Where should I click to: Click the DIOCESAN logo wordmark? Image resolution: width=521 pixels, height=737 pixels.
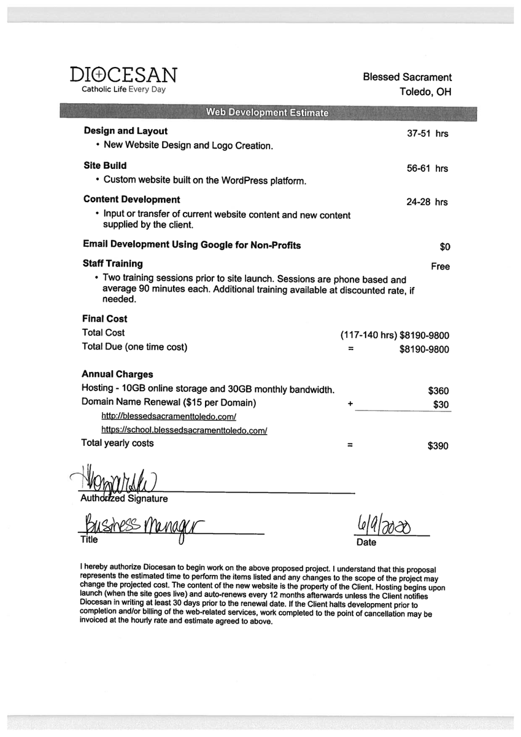click(123, 75)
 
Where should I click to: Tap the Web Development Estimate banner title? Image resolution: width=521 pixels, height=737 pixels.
click(266, 112)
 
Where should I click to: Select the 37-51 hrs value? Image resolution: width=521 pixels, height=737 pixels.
click(427, 134)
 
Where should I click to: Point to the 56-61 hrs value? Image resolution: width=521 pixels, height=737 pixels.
click(427, 168)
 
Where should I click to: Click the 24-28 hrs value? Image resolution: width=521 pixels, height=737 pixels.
click(427, 202)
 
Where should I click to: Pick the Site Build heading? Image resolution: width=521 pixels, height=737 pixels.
click(105, 166)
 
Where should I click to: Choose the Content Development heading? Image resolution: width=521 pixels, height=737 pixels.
click(131, 200)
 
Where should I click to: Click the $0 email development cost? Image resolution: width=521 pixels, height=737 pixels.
click(445, 247)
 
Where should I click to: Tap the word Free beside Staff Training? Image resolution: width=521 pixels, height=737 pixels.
click(440, 267)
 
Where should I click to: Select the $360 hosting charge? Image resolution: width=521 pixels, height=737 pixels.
click(438, 391)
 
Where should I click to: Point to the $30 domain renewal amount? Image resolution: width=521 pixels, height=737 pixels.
click(441, 405)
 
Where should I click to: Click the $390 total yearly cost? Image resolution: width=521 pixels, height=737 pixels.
click(438, 446)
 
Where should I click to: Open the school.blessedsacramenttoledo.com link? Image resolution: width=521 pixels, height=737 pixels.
click(183, 431)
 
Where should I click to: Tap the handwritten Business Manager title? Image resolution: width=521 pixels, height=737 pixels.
click(141, 525)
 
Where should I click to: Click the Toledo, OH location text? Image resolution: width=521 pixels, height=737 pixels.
click(425, 93)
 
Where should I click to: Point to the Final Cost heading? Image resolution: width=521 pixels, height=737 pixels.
click(105, 319)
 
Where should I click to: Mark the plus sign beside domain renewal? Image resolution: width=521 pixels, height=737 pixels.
click(350, 405)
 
